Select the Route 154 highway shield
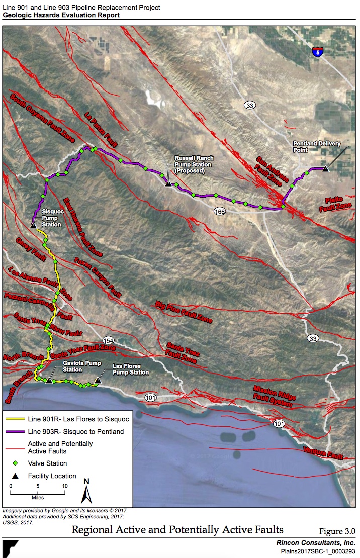point(108,339)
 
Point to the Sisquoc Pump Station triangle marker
point(33,226)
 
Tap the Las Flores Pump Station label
point(131,369)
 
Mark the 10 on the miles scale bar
point(64,486)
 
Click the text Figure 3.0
point(337,531)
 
